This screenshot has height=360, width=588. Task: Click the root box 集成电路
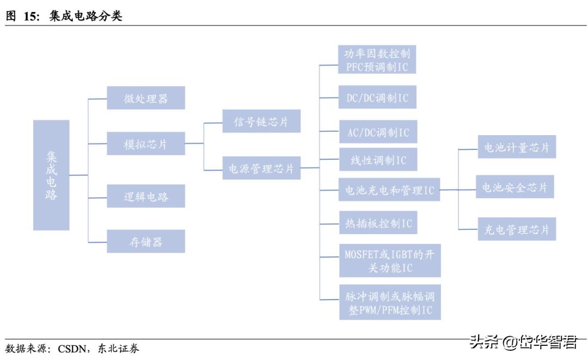pyautogui.click(x=51, y=175)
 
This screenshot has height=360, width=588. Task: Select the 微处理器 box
pyautogui.click(x=145, y=98)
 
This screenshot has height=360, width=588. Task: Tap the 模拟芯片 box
pyautogui.click(x=145, y=144)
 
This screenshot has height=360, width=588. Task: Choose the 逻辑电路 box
pyautogui.click(x=145, y=196)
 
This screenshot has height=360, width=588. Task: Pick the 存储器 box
pyautogui.click(x=145, y=241)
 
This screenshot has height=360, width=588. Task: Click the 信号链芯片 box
pyautogui.click(x=261, y=121)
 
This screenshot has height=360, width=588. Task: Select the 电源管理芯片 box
pyautogui.click(x=261, y=168)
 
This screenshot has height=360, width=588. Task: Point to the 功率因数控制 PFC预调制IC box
pyautogui.click(x=377, y=60)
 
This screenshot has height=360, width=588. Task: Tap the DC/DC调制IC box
pyautogui.click(x=377, y=97)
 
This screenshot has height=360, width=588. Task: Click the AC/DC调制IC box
pyautogui.click(x=378, y=132)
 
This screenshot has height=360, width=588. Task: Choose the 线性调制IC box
pyautogui.click(x=378, y=160)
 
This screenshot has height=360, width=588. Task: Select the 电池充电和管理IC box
pyautogui.click(x=389, y=190)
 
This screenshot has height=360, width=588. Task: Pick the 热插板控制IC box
pyautogui.click(x=378, y=223)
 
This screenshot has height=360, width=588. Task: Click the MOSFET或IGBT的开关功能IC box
pyautogui.click(x=389, y=261)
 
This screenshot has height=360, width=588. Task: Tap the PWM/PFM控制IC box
pyautogui.click(x=389, y=303)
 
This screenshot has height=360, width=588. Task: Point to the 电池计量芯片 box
pyautogui.click(x=517, y=147)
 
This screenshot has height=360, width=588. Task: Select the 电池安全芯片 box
pyautogui.click(x=514, y=187)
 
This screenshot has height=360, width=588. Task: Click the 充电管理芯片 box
pyautogui.click(x=517, y=229)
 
